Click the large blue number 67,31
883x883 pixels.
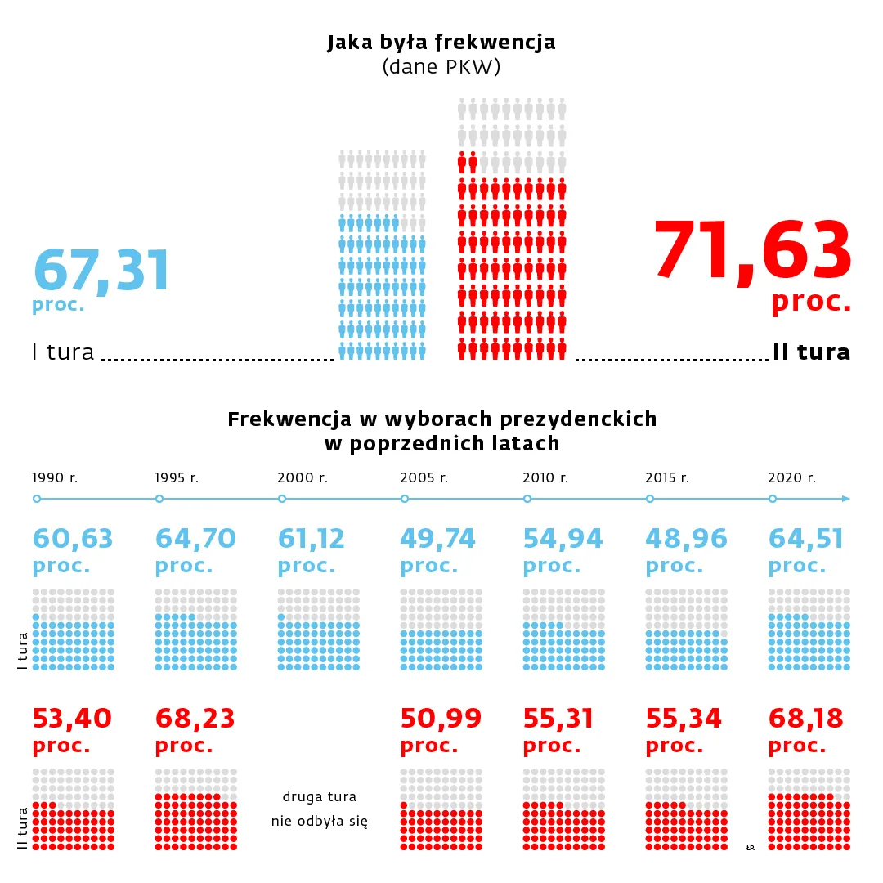[x=101, y=269]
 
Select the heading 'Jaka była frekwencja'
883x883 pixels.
[x=441, y=42]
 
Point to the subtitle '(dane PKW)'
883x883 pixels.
[x=441, y=68]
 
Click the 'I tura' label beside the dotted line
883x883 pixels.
[x=63, y=352]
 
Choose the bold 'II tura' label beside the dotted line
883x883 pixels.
[x=811, y=352]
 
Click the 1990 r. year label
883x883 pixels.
[x=55, y=477]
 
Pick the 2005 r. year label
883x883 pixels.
[x=424, y=477]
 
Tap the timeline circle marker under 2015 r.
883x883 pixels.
[x=650, y=499]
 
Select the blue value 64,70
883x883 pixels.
[x=195, y=539]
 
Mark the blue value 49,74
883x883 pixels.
[x=441, y=539]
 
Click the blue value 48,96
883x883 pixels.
[x=686, y=539]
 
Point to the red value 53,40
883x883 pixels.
[x=72, y=719]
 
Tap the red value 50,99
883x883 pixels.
[x=441, y=719]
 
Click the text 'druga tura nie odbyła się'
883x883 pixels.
[x=319, y=809]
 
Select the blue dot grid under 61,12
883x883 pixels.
[x=319, y=630]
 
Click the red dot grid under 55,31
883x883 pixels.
[x=564, y=809]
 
